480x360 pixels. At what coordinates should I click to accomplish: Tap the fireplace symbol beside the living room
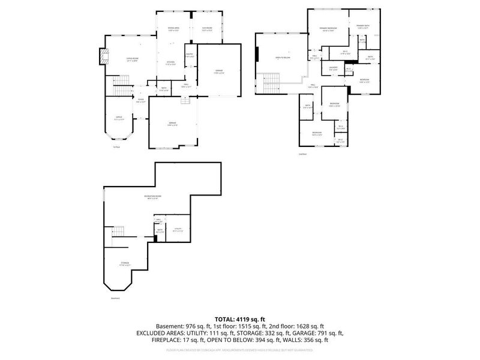pyautogui.click(x=105, y=57)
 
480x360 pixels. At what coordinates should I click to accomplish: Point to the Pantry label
pyautogui.click(x=190, y=55)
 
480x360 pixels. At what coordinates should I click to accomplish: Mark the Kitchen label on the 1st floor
pyautogui.click(x=170, y=62)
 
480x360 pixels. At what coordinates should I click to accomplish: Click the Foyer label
pyautogui.click(x=140, y=101)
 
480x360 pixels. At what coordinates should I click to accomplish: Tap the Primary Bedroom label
pyautogui.click(x=327, y=28)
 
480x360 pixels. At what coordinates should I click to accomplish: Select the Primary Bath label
pyautogui.click(x=364, y=26)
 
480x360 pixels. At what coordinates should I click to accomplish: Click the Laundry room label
pyautogui.click(x=334, y=68)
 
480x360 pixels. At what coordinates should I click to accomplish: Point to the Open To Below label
pyautogui.click(x=282, y=58)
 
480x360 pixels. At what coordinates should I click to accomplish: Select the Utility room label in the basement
pyautogui.click(x=178, y=229)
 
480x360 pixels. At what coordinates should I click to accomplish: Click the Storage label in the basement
pyautogui.click(x=124, y=262)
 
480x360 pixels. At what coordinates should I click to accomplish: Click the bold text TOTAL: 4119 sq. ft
pyautogui.click(x=240, y=319)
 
